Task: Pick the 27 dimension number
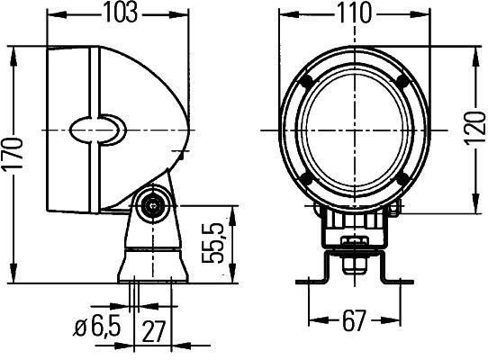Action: (154, 329)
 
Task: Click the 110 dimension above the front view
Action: (350, 13)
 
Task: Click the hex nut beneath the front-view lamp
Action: (352, 245)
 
